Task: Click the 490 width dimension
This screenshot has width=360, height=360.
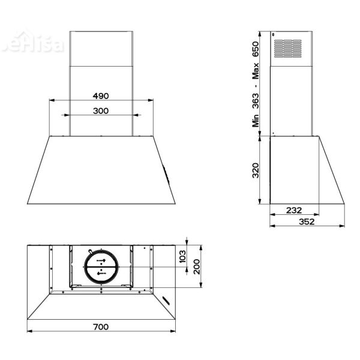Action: pyautogui.click(x=101, y=96)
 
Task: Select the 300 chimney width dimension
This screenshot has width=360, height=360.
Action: pyautogui.click(x=101, y=110)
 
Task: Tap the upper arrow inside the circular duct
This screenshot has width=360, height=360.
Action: pyautogui.click(x=101, y=261)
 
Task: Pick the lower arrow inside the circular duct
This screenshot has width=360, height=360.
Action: pyautogui.click(x=101, y=273)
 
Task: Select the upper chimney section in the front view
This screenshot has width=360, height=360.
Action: pyautogui.click(x=101, y=48)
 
